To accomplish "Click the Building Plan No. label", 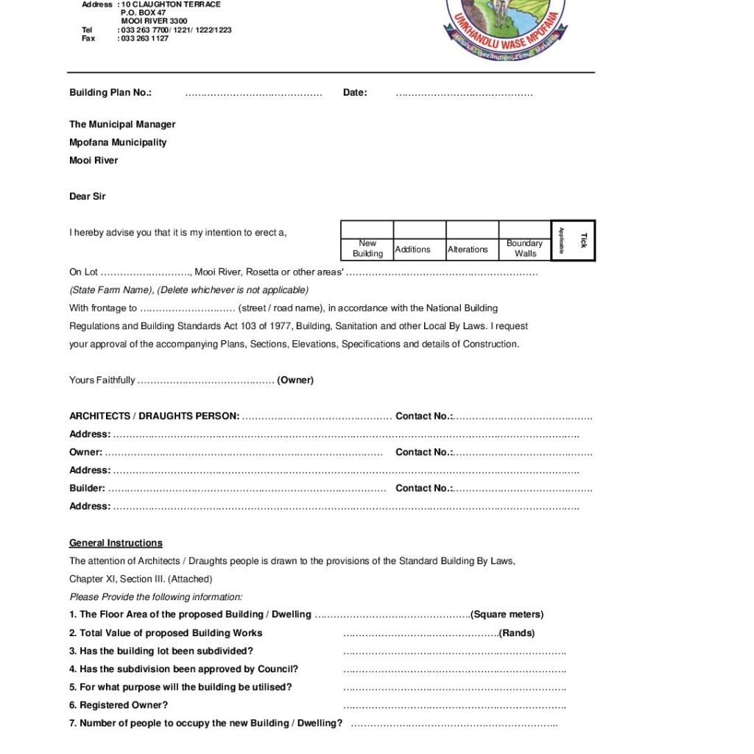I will point(110,93).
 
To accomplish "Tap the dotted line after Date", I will point(464,94).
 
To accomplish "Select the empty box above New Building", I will point(367,230).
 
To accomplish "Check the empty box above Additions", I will point(420,230).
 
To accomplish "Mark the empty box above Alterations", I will point(472,230).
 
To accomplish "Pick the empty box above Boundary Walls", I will point(524,230).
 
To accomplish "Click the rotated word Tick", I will point(584,240).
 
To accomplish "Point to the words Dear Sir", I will point(88,197).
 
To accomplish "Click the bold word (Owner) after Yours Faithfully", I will point(295,381).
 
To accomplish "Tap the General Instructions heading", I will point(116,543).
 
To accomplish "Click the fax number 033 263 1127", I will point(143,38).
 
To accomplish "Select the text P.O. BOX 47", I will point(144,13).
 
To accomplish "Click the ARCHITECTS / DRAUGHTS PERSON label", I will point(154,416).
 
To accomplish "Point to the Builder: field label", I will point(87,488).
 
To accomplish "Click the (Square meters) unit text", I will point(507,615).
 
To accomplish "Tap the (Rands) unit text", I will point(517,633).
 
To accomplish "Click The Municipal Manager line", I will point(122,124).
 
